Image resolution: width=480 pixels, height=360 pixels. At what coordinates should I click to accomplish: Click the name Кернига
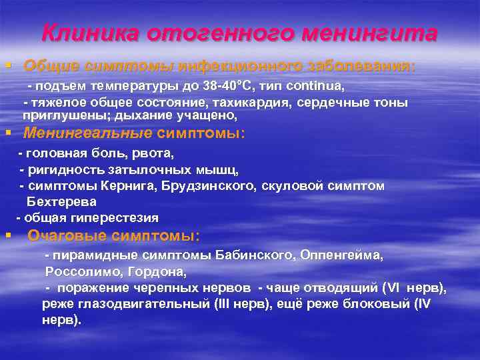(114, 185)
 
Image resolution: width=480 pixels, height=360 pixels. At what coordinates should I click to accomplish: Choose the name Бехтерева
(61, 201)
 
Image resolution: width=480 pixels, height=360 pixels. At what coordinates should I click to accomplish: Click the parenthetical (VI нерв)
(413, 288)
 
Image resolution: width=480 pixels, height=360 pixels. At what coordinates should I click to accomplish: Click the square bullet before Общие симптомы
(8, 65)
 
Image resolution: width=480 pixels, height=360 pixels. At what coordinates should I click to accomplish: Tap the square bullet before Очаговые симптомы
(8, 235)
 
